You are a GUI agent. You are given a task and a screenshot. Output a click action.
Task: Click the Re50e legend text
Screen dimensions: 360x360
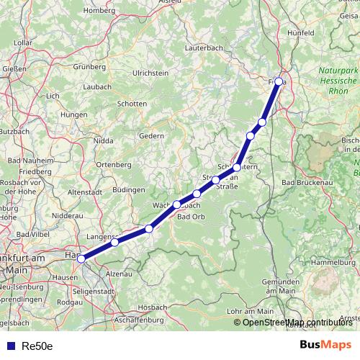[x=37, y=346]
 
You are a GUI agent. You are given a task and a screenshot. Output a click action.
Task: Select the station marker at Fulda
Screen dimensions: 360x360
[x=279, y=81]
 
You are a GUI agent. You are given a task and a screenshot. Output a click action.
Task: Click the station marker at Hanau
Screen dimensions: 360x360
[x=81, y=258]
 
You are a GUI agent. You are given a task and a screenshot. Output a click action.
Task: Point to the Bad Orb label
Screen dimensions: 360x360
[x=191, y=217]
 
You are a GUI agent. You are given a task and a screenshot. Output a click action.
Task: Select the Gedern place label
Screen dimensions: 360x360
[x=151, y=135]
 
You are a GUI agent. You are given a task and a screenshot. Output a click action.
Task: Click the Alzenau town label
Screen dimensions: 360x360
[x=120, y=274]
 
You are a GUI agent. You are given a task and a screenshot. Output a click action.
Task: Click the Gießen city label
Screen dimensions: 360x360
[x=14, y=69]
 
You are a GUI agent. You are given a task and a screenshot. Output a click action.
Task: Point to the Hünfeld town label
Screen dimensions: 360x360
[x=301, y=33]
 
